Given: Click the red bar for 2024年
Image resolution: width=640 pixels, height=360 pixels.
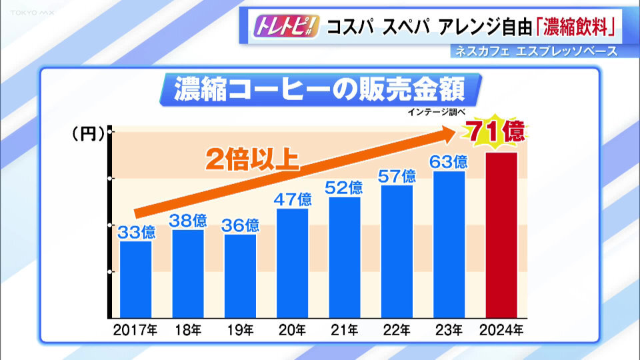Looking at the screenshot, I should [x=502, y=235].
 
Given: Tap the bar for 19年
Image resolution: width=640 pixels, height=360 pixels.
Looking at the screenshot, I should [x=240, y=275].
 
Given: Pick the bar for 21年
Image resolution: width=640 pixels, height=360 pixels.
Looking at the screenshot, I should [x=345, y=257].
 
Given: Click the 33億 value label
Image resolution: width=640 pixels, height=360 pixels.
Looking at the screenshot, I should [x=136, y=232].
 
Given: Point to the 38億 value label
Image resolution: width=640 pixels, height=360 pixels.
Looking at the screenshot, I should [x=189, y=221].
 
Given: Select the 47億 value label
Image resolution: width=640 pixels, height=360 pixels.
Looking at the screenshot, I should [x=293, y=199].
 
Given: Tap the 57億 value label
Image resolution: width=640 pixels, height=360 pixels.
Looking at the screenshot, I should [x=397, y=177].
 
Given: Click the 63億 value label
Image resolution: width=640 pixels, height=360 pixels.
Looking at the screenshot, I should [x=449, y=162].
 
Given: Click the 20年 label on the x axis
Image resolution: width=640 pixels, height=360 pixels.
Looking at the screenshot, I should [x=293, y=329].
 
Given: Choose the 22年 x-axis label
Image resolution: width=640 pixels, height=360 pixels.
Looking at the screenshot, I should [x=397, y=329].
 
